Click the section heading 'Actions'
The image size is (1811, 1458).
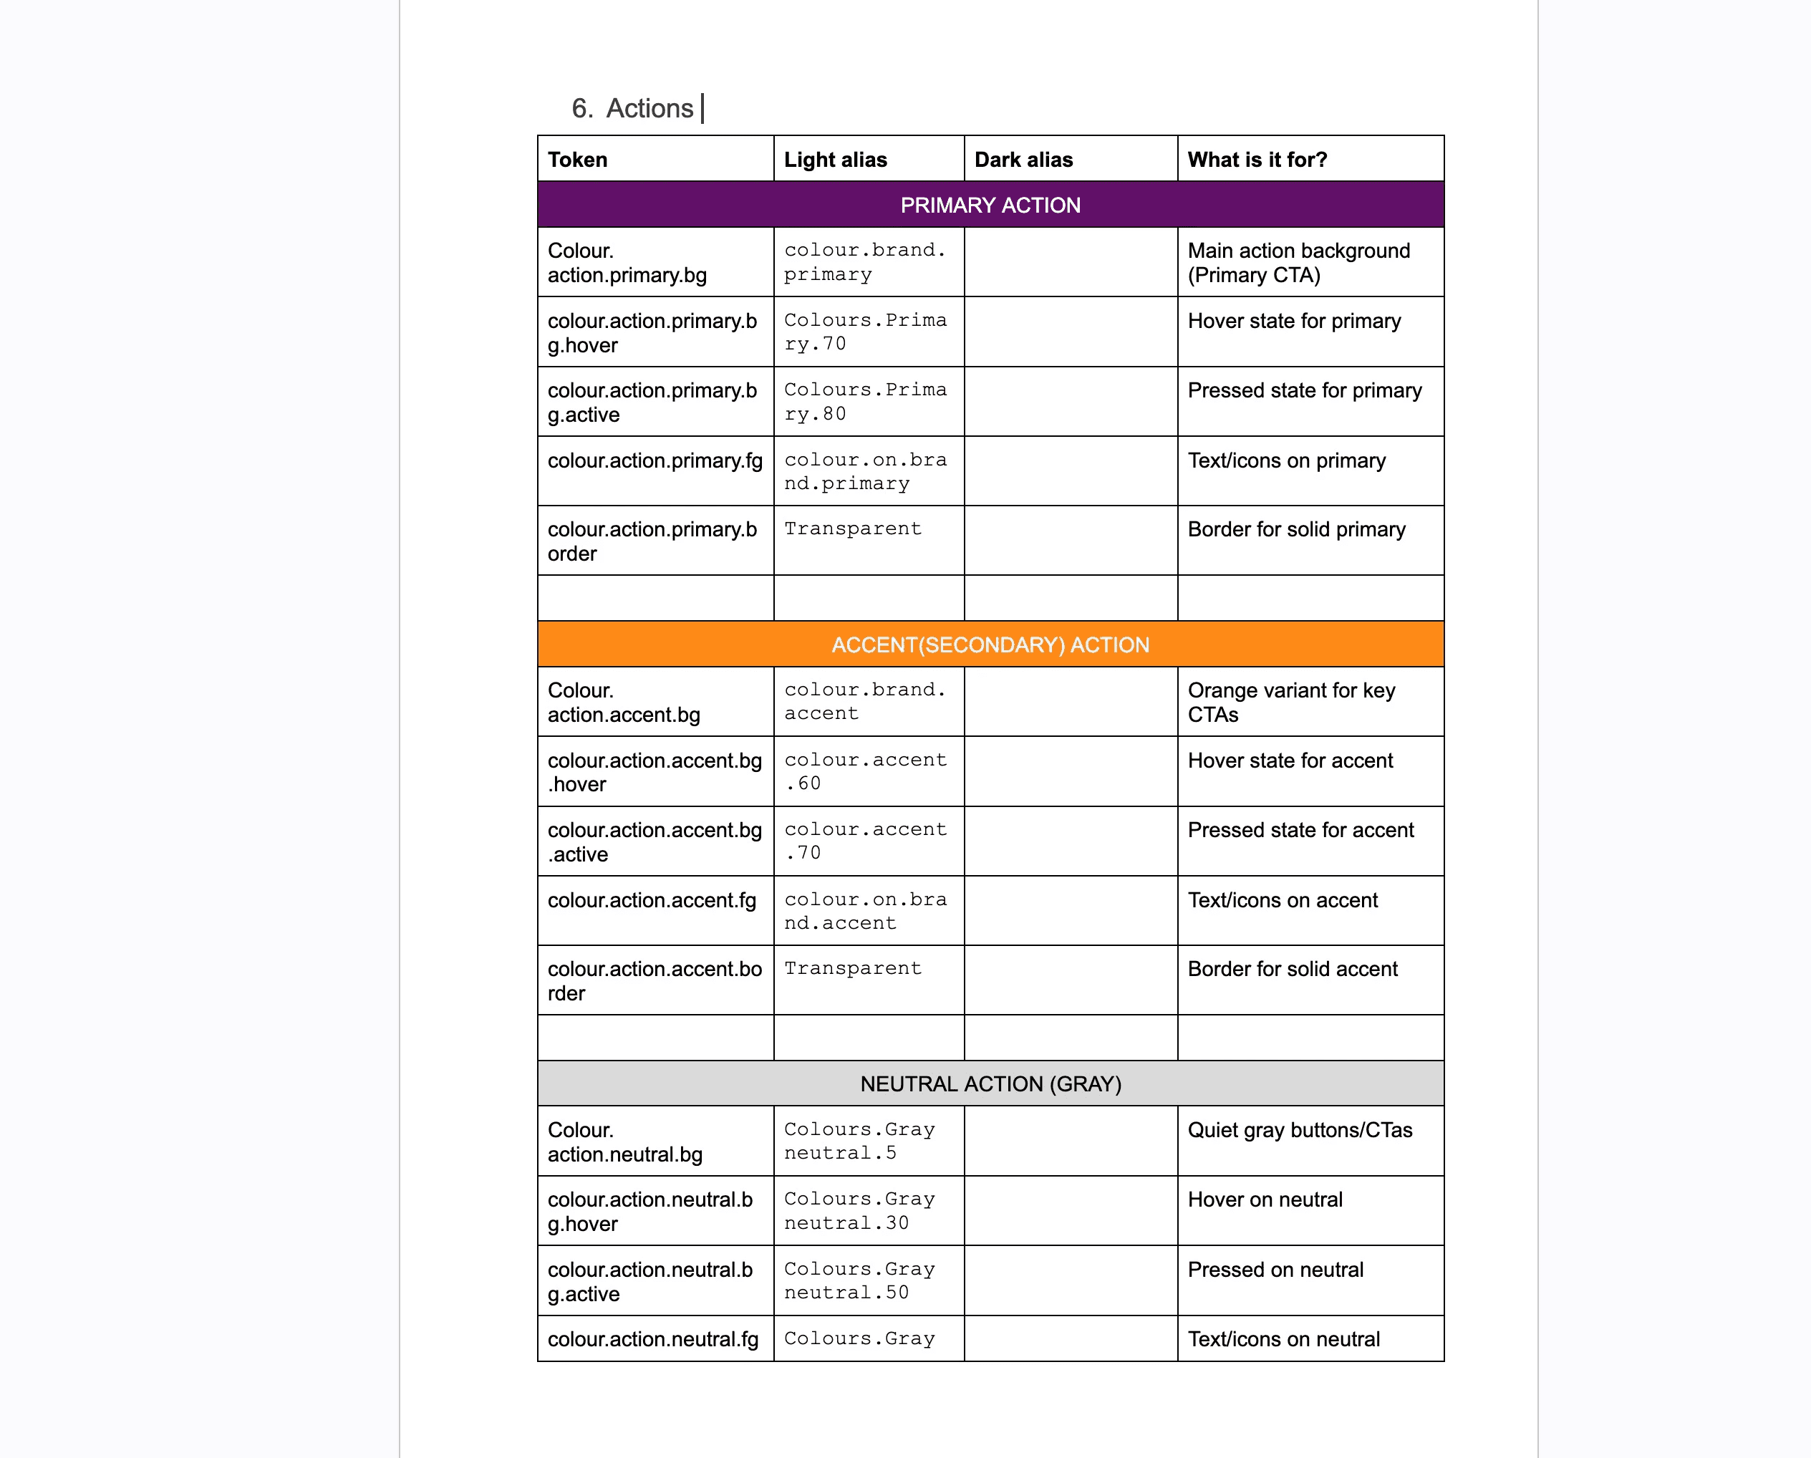click(x=649, y=108)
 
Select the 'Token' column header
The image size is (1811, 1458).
click(x=577, y=160)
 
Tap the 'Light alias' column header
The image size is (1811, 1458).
click(x=835, y=160)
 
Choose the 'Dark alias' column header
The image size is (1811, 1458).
click(x=1023, y=160)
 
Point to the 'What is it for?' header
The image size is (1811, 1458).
click(x=1257, y=160)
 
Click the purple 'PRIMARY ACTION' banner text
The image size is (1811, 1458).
click(x=990, y=205)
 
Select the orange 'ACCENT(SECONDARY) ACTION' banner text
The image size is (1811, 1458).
click(x=990, y=645)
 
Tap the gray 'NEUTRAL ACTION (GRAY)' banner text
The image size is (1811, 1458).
click(x=990, y=1084)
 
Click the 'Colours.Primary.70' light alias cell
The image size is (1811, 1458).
click(x=864, y=332)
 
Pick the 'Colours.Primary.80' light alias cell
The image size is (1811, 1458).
click(x=864, y=402)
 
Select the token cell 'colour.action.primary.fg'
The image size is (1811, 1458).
click(x=655, y=460)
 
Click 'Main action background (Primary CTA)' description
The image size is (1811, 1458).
click(x=1298, y=263)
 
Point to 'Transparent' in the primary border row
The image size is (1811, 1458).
click(x=853, y=528)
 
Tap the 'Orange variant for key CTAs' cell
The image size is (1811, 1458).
click(x=1291, y=702)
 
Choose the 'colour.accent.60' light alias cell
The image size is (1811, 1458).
click(x=864, y=771)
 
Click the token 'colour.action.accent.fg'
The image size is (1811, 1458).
click(x=651, y=900)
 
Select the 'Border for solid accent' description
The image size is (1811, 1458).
click(x=1292, y=969)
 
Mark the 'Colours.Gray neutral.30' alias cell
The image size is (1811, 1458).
click(x=859, y=1211)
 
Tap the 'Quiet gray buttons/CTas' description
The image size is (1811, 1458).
click(x=1300, y=1131)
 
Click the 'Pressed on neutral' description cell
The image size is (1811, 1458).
click(x=1275, y=1270)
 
